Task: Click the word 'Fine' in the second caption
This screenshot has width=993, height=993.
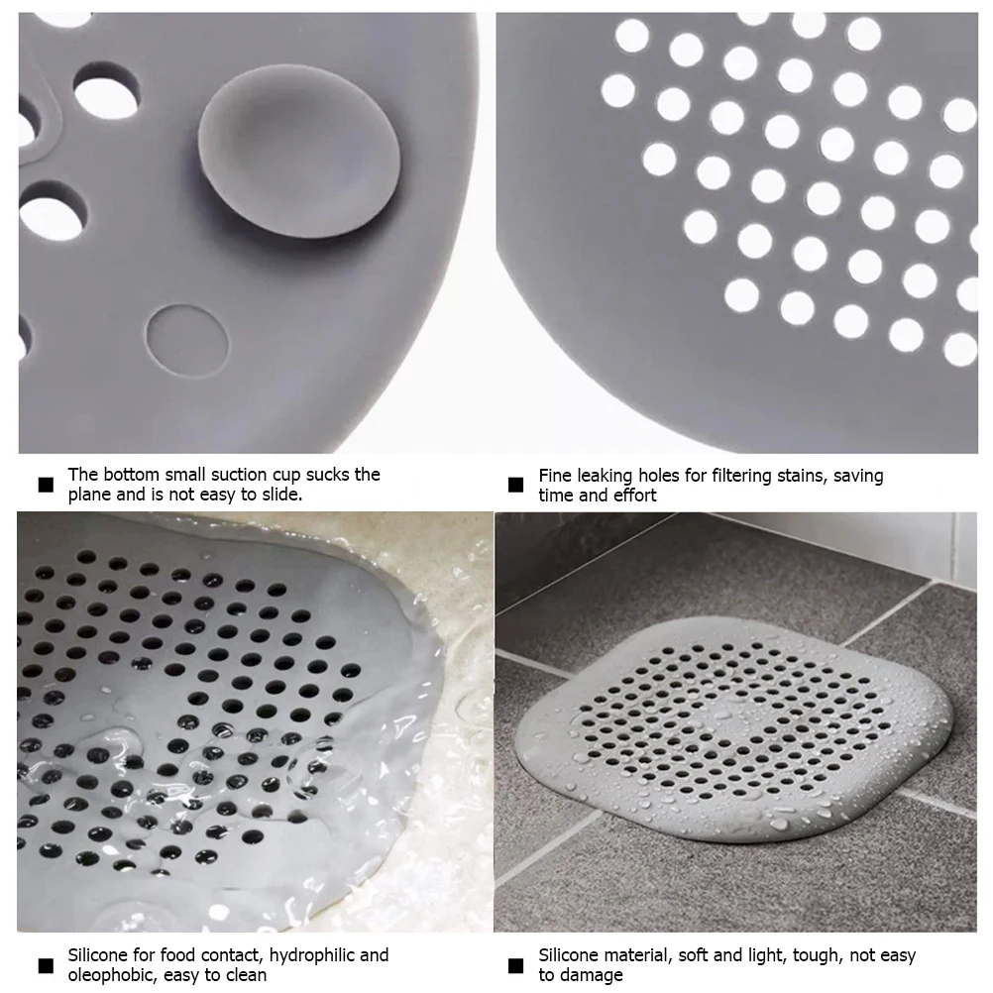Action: coord(556,476)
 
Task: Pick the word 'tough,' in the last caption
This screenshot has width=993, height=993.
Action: coord(820,955)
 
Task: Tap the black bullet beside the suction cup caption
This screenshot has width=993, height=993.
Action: coord(45,485)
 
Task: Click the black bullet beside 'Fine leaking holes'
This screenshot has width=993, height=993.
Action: coord(515,485)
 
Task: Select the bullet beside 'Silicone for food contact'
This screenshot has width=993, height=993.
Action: coord(45,965)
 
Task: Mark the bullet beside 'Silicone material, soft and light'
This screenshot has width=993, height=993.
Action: coord(515,965)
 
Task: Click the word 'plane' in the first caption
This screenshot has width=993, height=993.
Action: coord(90,495)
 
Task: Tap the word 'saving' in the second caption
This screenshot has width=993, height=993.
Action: coord(857,476)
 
